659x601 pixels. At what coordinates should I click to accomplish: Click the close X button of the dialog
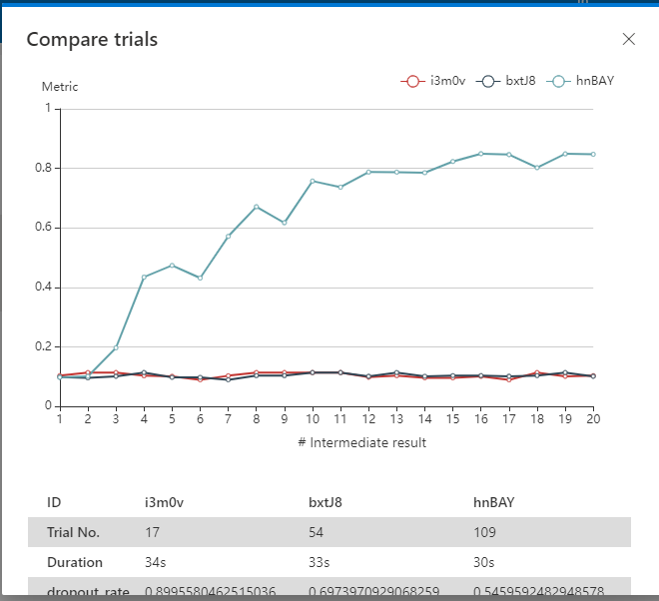pyautogui.click(x=628, y=39)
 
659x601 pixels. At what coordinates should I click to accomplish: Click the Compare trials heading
pyautogui.click(x=92, y=39)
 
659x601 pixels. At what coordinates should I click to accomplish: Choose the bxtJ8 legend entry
pyautogui.click(x=508, y=80)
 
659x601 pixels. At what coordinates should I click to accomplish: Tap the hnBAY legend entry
pyautogui.click(x=582, y=80)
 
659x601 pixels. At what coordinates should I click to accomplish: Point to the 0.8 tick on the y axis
pyautogui.click(x=45, y=168)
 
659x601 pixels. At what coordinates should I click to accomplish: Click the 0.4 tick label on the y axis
pyautogui.click(x=45, y=288)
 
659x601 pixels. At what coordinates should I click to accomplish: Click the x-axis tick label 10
pyautogui.click(x=313, y=420)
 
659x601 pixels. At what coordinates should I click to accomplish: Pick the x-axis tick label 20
pyautogui.click(x=593, y=420)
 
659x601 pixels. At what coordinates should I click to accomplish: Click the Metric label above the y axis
pyautogui.click(x=60, y=87)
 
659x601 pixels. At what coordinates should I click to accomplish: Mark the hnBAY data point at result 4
pyautogui.click(x=144, y=278)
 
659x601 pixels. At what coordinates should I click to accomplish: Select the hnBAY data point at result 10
pyautogui.click(x=313, y=182)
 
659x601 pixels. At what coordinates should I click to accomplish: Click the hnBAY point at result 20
pyautogui.click(x=593, y=154)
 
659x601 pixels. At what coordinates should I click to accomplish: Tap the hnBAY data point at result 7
pyautogui.click(x=228, y=236)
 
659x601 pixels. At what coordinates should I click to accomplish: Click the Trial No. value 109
pyautogui.click(x=484, y=532)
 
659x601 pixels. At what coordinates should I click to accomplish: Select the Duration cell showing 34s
pyautogui.click(x=156, y=562)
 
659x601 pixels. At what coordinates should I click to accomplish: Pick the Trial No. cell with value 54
pyautogui.click(x=318, y=532)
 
